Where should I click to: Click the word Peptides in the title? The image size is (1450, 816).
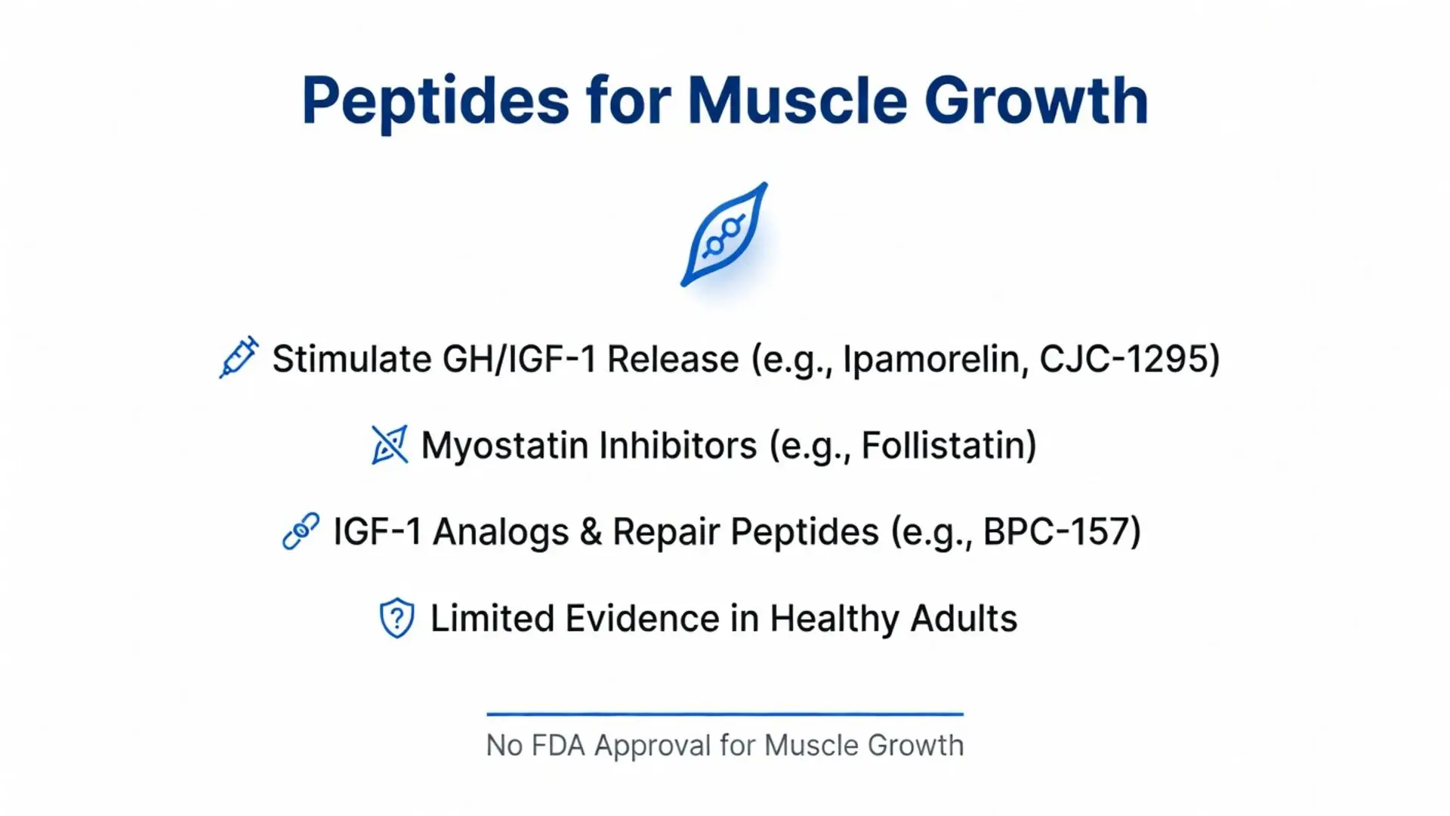point(435,101)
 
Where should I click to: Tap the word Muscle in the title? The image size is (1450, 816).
point(797,101)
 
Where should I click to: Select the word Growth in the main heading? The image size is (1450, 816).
point(1036,101)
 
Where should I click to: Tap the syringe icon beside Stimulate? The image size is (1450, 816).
point(239,357)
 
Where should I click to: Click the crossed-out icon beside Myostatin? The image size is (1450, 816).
point(390,444)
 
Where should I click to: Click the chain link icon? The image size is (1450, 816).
point(301,531)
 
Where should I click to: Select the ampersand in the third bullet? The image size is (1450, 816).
point(591,532)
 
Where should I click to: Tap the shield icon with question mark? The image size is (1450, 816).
point(396,618)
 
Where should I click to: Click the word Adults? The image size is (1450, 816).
point(964,618)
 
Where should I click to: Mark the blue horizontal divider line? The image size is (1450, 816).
point(725,713)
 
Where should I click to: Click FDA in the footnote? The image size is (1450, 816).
point(558,746)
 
